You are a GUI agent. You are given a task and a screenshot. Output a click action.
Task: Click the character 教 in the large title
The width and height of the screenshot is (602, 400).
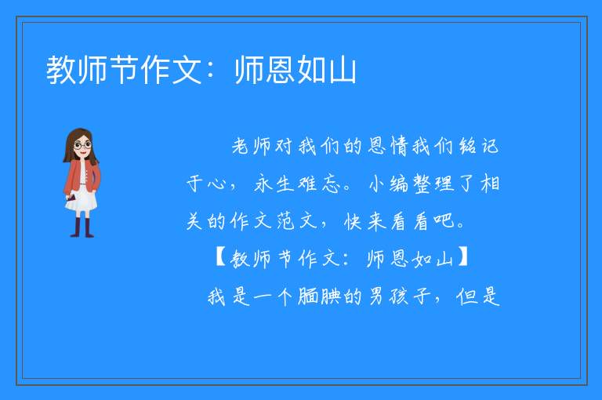(x=61, y=70)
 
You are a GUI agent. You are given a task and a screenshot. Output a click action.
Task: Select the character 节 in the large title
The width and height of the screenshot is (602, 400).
(x=124, y=70)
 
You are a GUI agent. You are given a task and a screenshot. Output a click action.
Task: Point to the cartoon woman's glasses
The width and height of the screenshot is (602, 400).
(x=82, y=145)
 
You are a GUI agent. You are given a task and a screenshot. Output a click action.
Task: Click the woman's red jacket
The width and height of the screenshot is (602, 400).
(x=82, y=176)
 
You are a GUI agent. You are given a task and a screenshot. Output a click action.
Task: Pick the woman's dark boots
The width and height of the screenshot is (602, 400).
(x=82, y=228)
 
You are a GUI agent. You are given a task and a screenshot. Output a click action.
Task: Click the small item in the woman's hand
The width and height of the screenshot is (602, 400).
(x=71, y=198)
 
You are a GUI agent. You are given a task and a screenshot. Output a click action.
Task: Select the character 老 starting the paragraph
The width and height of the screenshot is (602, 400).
(x=241, y=147)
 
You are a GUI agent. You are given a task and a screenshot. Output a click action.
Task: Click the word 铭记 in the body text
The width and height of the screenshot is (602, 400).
(x=478, y=147)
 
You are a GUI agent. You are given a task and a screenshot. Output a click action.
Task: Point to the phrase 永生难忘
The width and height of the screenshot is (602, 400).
(x=297, y=184)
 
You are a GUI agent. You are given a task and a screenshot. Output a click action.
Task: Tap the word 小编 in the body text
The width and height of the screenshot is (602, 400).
(x=389, y=184)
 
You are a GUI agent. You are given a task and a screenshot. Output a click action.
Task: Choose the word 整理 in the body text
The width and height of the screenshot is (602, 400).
(x=433, y=184)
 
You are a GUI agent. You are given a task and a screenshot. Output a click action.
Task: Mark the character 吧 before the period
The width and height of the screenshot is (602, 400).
(x=444, y=221)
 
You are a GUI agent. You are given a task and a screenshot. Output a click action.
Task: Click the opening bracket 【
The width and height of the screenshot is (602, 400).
(x=220, y=258)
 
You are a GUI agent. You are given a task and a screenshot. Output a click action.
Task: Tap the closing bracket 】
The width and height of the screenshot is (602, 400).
(x=463, y=258)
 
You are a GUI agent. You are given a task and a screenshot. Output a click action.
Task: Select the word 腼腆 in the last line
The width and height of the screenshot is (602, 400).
(x=320, y=296)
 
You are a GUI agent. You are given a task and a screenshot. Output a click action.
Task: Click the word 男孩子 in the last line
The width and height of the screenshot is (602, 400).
(x=399, y=296)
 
